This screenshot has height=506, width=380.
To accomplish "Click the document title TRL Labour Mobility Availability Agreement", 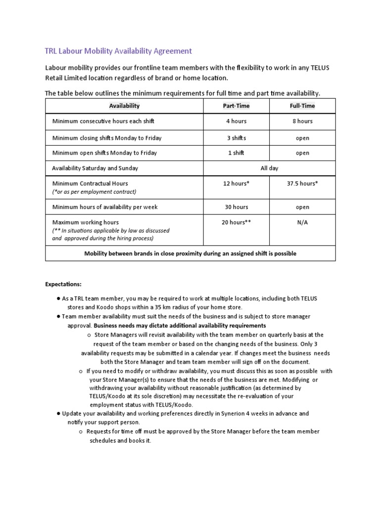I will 118,51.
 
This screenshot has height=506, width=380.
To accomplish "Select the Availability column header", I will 124,106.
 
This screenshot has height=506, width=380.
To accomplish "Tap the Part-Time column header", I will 236,106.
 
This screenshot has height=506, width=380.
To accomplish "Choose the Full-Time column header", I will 302,106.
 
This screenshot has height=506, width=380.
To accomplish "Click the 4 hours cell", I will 236,121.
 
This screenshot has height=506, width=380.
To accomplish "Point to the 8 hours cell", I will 302,121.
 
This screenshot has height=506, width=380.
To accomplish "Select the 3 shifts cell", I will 236,138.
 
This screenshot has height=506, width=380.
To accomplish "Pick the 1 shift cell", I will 236,153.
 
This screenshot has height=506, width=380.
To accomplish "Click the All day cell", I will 269,168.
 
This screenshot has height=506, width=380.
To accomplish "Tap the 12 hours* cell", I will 236,183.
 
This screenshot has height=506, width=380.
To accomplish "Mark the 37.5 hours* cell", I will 302,183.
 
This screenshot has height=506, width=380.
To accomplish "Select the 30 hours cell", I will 236,207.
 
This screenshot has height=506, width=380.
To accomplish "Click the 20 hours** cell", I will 236,222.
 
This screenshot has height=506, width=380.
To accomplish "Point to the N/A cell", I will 302,222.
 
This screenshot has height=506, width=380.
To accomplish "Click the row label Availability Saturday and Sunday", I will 95,168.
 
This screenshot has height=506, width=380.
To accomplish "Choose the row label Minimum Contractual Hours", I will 90,183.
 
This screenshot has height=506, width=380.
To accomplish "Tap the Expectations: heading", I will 63,285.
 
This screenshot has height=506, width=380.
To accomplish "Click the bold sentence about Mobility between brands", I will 190,253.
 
